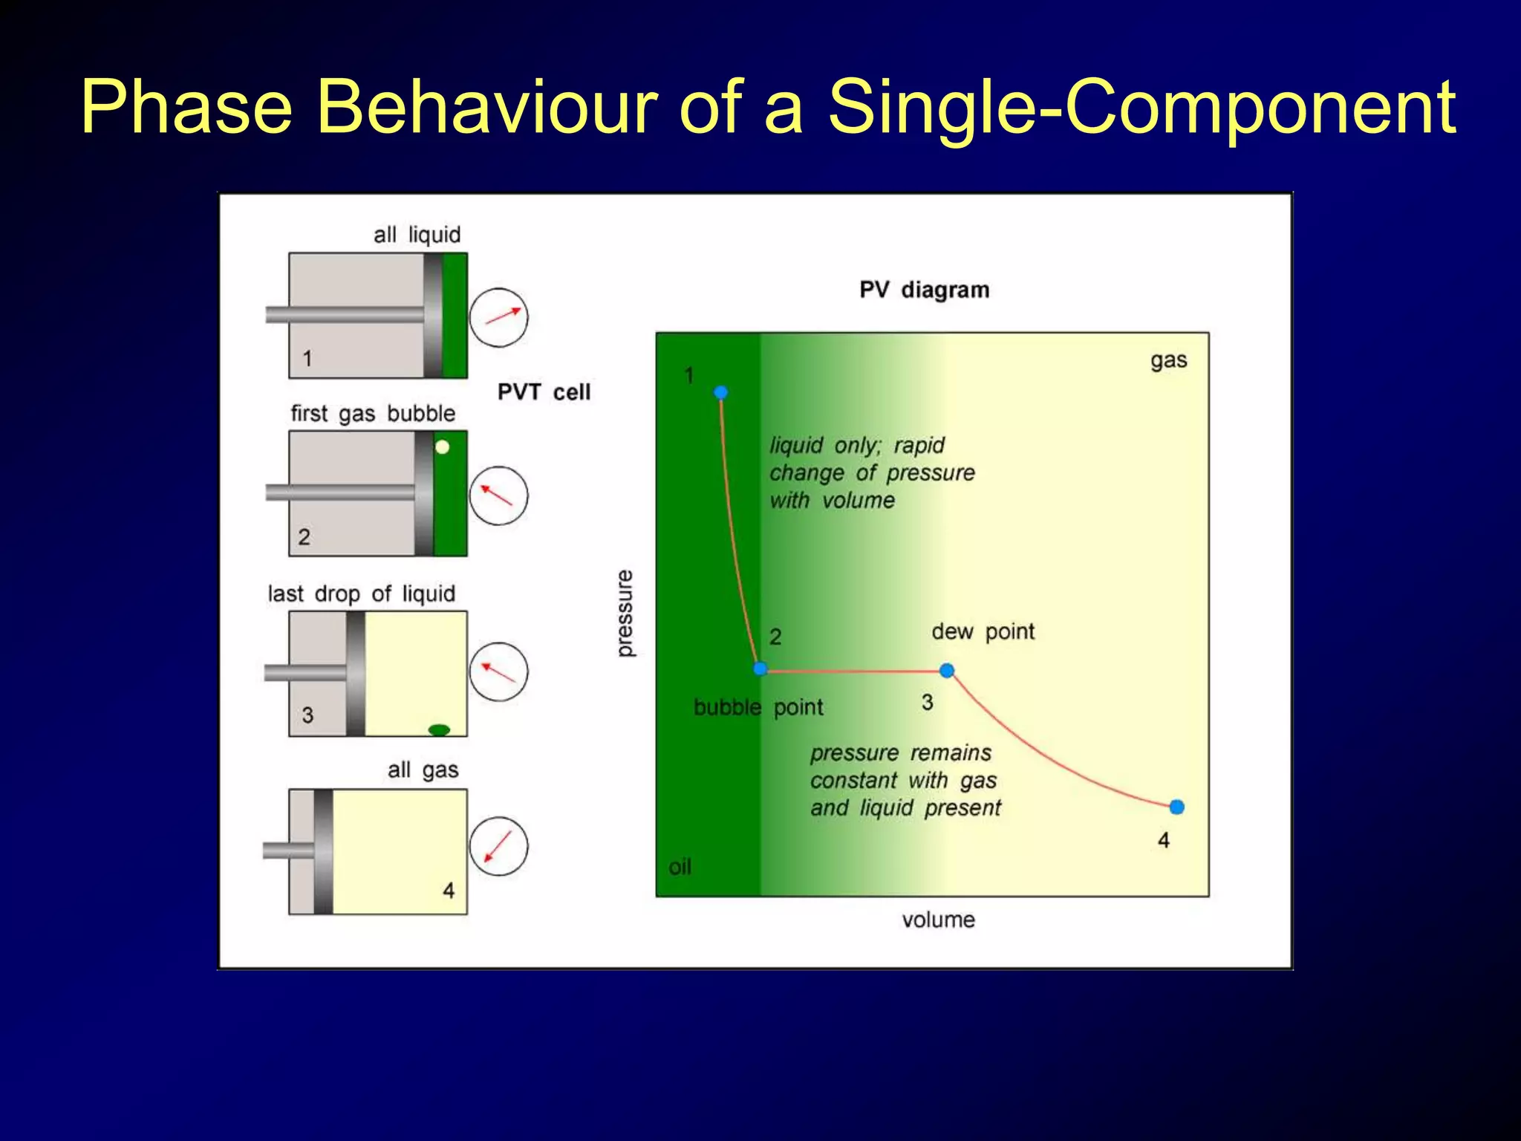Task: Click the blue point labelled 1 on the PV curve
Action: click(720, 392)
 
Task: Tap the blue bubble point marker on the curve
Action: click(760, 669)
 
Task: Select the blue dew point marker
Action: click(946, 671)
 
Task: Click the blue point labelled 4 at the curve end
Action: click(1176, 807)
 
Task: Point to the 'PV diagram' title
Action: click(924, 290)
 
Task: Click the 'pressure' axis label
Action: click(625, 614)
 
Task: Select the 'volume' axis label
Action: click(938, 920)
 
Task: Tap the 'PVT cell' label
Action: click(544, 392)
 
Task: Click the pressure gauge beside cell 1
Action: click(498, 317)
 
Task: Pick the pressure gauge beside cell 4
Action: click(498, 846)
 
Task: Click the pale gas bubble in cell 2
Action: click(443, 447)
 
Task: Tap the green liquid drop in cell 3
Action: click(439, 729)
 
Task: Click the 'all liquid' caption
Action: click(417, 235)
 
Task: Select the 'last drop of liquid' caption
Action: click(361, 594)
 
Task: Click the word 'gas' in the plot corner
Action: click(1168, 361)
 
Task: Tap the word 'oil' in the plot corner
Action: click(680, 867)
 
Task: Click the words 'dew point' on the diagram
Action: click(983, 631)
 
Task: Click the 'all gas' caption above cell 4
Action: click(423, 770)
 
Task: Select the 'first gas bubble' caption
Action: click(373, 414)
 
